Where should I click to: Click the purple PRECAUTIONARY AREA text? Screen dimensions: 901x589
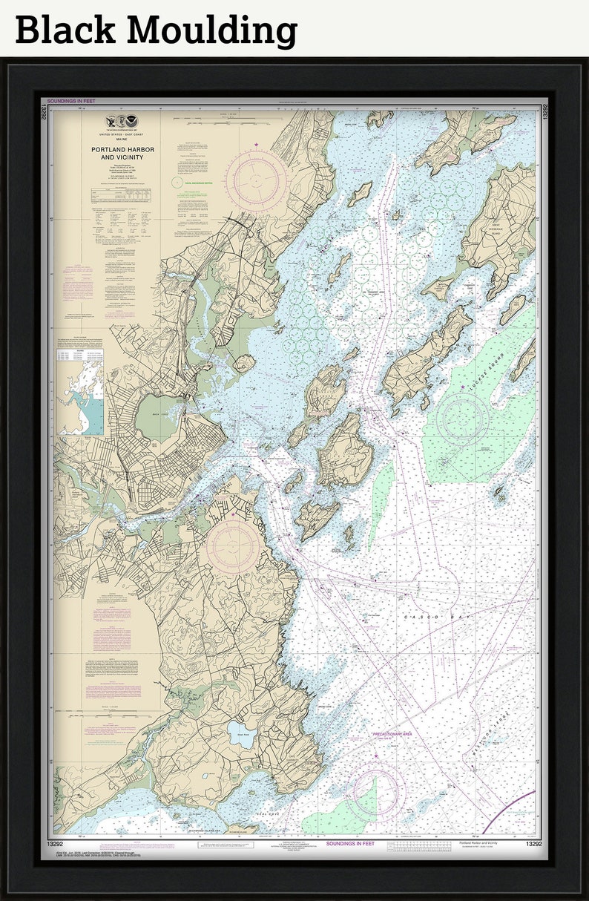pyautogui.click(x=392, y=733)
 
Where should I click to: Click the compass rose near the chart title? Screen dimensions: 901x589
pyautogui.click(x=256, y=180)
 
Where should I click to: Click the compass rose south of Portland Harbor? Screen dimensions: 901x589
pyautogui.click(x=233, y=548)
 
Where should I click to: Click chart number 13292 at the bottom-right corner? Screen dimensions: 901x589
pyautogui.click(x=533, y=844)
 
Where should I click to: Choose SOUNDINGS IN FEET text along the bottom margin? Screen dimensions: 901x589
pyautogui.click(x=350, y=844)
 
